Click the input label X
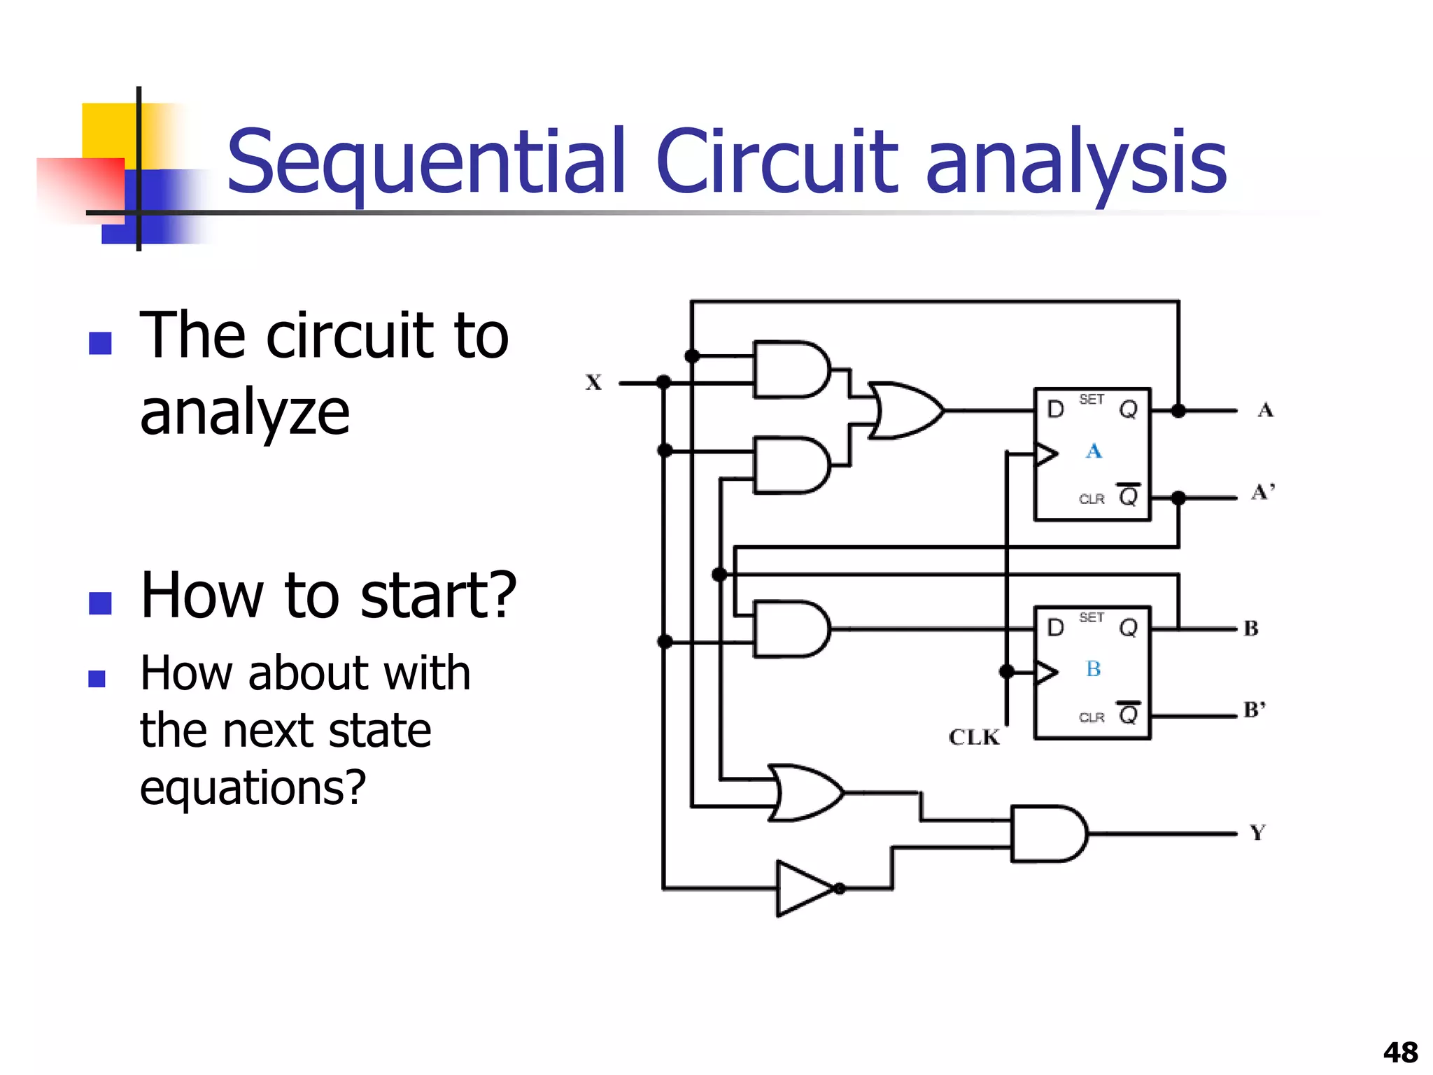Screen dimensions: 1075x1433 click(593, 382)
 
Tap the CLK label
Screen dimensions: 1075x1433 click(974, 737)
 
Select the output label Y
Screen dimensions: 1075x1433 click(1257, 832)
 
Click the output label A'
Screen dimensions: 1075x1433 click(1263, 492)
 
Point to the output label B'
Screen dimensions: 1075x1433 click(1255, 710)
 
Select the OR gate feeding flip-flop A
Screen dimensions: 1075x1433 click(904, 411)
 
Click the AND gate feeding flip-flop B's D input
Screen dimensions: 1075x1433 click(791, 628)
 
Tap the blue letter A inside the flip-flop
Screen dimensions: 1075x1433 click(1094, 451)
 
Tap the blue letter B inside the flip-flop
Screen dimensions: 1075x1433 click(1094, 669)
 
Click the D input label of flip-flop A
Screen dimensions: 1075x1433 click(1055, 409)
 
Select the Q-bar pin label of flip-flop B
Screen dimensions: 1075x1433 click(1128, 715)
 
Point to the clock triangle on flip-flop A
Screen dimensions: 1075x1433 click(1045, 454)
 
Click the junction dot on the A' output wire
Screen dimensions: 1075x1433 click(1178, 498)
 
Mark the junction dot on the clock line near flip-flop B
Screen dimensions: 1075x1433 click(1007, 672)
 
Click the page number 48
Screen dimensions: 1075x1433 click(1400, 1052)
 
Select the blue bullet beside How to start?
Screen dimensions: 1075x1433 click(100, 603)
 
